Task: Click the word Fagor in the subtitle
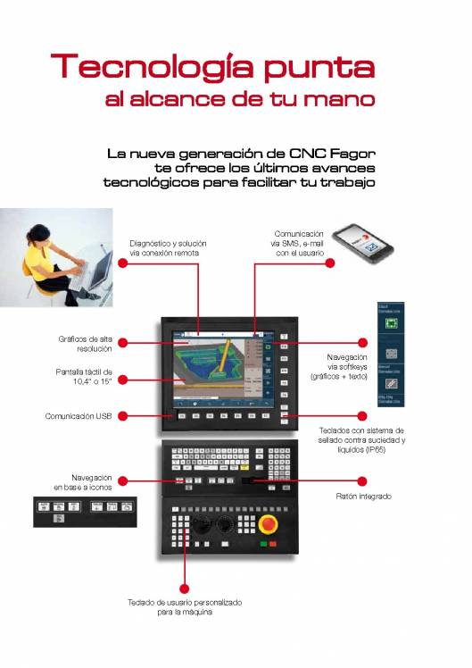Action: pos(349,153)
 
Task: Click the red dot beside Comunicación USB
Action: pos(123,415)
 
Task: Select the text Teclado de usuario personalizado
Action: pos(185,603)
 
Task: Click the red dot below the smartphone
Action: pos(329,263)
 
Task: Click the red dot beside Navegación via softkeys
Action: pos(363,342)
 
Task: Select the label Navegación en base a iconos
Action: pos(83,481)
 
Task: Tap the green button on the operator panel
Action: pos(264,543)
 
